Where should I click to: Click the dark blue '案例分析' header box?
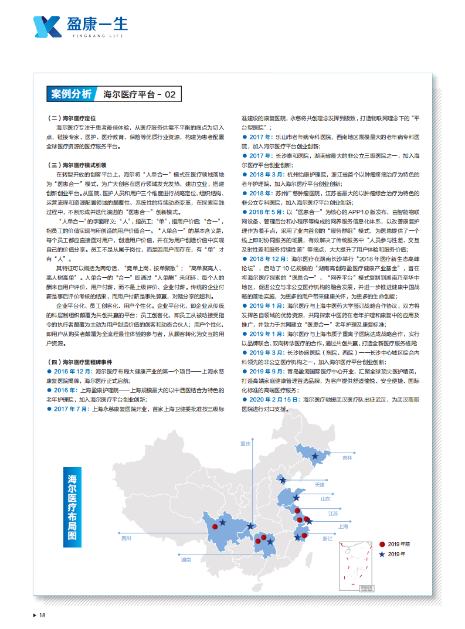tap(71, 94)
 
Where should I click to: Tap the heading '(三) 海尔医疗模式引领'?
tap(76, 165)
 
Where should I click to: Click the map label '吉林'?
tap(348, 458)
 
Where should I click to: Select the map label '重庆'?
tap(245, 444)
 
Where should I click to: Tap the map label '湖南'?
tap(186, 560)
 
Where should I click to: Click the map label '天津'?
tap(320, 485)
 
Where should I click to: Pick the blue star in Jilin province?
tap(314, 456)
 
